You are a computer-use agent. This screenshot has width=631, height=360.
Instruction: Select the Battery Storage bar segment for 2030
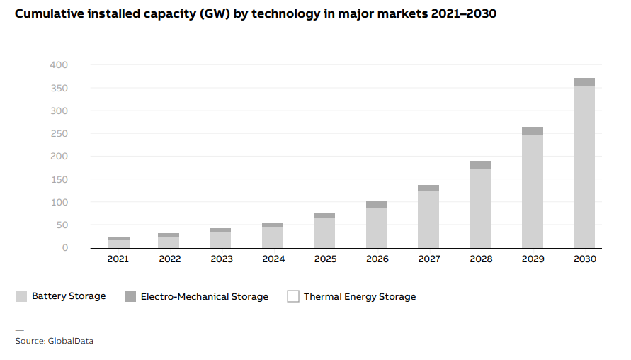pyautogui.click(x=584, y=167)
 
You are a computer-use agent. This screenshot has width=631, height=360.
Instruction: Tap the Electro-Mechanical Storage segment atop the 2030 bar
pyautogui.click(x=584, y=82)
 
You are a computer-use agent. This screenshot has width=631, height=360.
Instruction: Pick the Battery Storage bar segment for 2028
pyautogui.click(x=480, y=208)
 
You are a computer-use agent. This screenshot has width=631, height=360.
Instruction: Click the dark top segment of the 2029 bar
pyautogui.click(x=533, y=130)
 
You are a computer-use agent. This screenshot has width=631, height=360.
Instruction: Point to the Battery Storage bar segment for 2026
pyautogui.click(x=377, y=227)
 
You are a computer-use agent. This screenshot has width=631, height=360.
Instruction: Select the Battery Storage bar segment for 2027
pyautogui.click(x=428, y=219)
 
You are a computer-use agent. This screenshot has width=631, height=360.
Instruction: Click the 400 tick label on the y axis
pyautogui.click(x=59, y=65)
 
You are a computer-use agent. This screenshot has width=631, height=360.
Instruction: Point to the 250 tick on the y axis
pyautogui.click(x=59, y=133)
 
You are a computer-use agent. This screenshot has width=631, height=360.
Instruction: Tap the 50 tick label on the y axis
pyautogui.click(x=62, y=225)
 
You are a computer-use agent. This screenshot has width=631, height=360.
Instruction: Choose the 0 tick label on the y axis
pyautogui.click(x=64, y=247)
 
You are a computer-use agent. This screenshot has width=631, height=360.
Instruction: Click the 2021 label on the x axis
pyautogui.click(x=118, y=259)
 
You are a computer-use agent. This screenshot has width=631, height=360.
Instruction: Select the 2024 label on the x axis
pyautogui.click(x=273, y=259)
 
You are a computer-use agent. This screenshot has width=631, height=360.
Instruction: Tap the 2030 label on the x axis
pyautogui.click(x=585, y=259)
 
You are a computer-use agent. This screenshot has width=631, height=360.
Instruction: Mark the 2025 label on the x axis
pyautogui.click(x=325, y=259)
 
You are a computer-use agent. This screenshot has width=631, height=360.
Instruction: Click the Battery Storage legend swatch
pyautogui.click(x=21, y=296)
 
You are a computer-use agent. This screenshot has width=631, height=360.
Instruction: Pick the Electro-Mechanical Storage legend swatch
pyautogui.click(x=130, y=296)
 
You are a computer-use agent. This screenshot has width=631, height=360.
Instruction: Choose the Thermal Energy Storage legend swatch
pyautogui.click(x=293, y=296)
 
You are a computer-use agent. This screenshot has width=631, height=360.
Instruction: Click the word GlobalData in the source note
pyautogui.click(x=70, y=341)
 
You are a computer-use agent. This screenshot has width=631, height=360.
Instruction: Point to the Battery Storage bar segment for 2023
pyautogui.click(x=222, y=240)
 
